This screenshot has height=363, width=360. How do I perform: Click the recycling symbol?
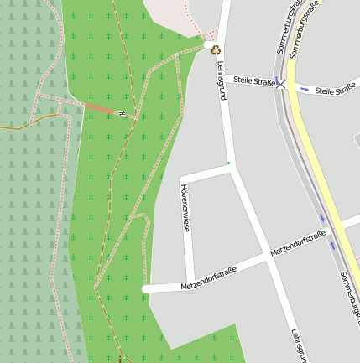[215, 49]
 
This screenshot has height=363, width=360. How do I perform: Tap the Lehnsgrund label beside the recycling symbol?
[221, 80]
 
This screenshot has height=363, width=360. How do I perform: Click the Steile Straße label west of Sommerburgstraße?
[254, 79]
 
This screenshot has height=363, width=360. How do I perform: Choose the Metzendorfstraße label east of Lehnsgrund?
[298, 245]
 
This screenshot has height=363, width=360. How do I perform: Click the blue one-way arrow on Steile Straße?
[304, 88]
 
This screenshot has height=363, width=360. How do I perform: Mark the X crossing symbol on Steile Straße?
[283, 83]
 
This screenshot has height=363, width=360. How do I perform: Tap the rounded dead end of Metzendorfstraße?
[147, 288]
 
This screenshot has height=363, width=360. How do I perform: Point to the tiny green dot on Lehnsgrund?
[228, 162]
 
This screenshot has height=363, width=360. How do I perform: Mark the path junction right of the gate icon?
[136, 118]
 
